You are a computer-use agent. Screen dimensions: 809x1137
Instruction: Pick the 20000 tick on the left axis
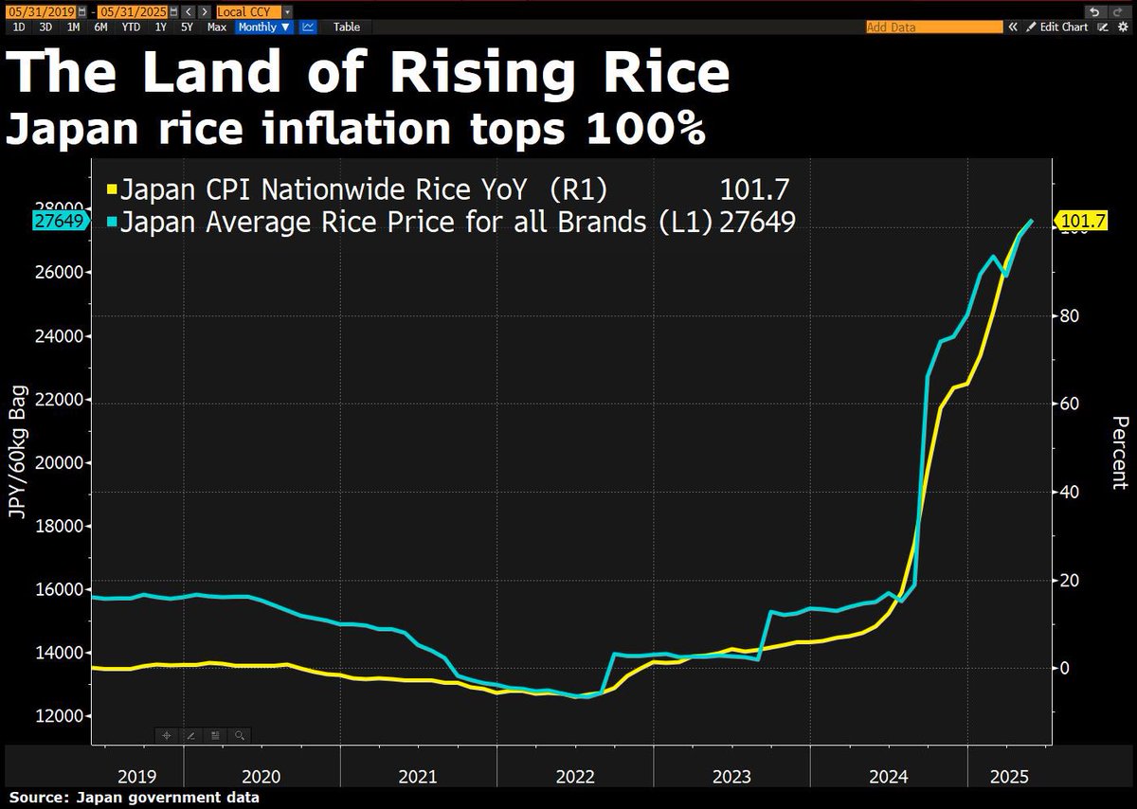[59, 463]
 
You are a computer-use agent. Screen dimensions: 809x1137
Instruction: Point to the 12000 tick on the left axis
[59, 716]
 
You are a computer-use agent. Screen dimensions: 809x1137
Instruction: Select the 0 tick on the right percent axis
[1066, 668]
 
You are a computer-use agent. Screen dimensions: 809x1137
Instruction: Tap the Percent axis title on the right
[1119, 453]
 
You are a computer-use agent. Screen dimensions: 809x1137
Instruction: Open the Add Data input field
[933, 27]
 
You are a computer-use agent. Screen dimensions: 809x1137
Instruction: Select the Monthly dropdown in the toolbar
[264, 27]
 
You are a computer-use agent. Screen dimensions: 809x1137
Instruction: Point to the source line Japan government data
[134, 798]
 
